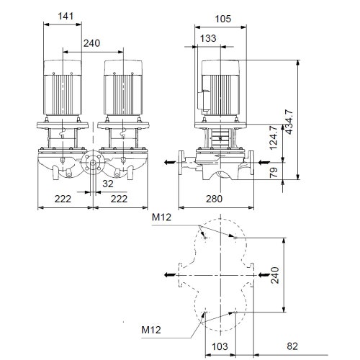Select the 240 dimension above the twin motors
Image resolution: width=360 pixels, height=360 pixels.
91,43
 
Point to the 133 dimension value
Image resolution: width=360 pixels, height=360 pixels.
207,38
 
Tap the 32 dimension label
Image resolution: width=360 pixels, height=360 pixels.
107,184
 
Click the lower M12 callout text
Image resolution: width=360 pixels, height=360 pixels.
150,330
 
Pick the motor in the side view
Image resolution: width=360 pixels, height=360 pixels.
222,89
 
